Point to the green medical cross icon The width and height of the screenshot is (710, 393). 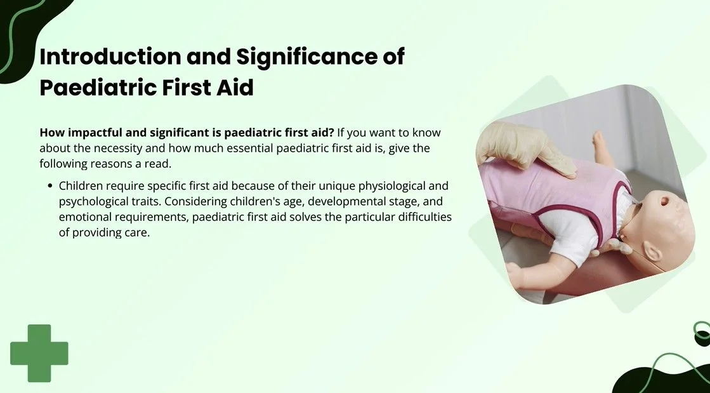click(x=39, y=353)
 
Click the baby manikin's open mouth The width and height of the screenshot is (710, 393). click(x=665, y=201)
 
